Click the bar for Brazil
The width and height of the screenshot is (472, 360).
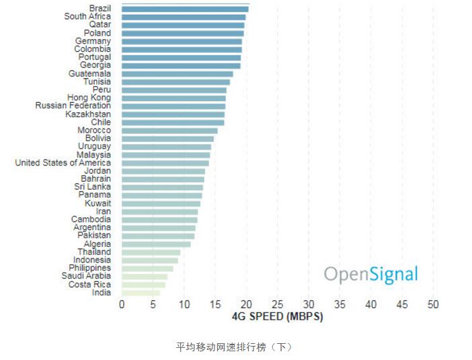pos(185,9)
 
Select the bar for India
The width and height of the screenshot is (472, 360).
pos(141,293)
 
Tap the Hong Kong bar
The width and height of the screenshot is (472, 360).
pos(173,98)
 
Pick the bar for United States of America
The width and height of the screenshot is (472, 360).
pos(165,163)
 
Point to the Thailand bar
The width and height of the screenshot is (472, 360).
pos(151,252)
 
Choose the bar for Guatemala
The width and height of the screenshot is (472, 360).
pos(177,74)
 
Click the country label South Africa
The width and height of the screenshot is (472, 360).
pos(87,17)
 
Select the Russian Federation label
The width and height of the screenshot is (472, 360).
pos(73,106)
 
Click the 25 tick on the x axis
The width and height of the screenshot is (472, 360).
pos(277,305)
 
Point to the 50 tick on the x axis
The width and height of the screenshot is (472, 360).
pos(433,305)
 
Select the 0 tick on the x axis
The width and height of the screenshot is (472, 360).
pos(122,305)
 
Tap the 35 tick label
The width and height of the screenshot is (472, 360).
pos(340,305)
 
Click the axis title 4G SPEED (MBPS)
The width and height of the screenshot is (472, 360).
pos(277,317)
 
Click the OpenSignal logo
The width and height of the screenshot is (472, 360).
pos(370,275)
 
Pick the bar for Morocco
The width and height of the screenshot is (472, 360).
pos(169,131)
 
